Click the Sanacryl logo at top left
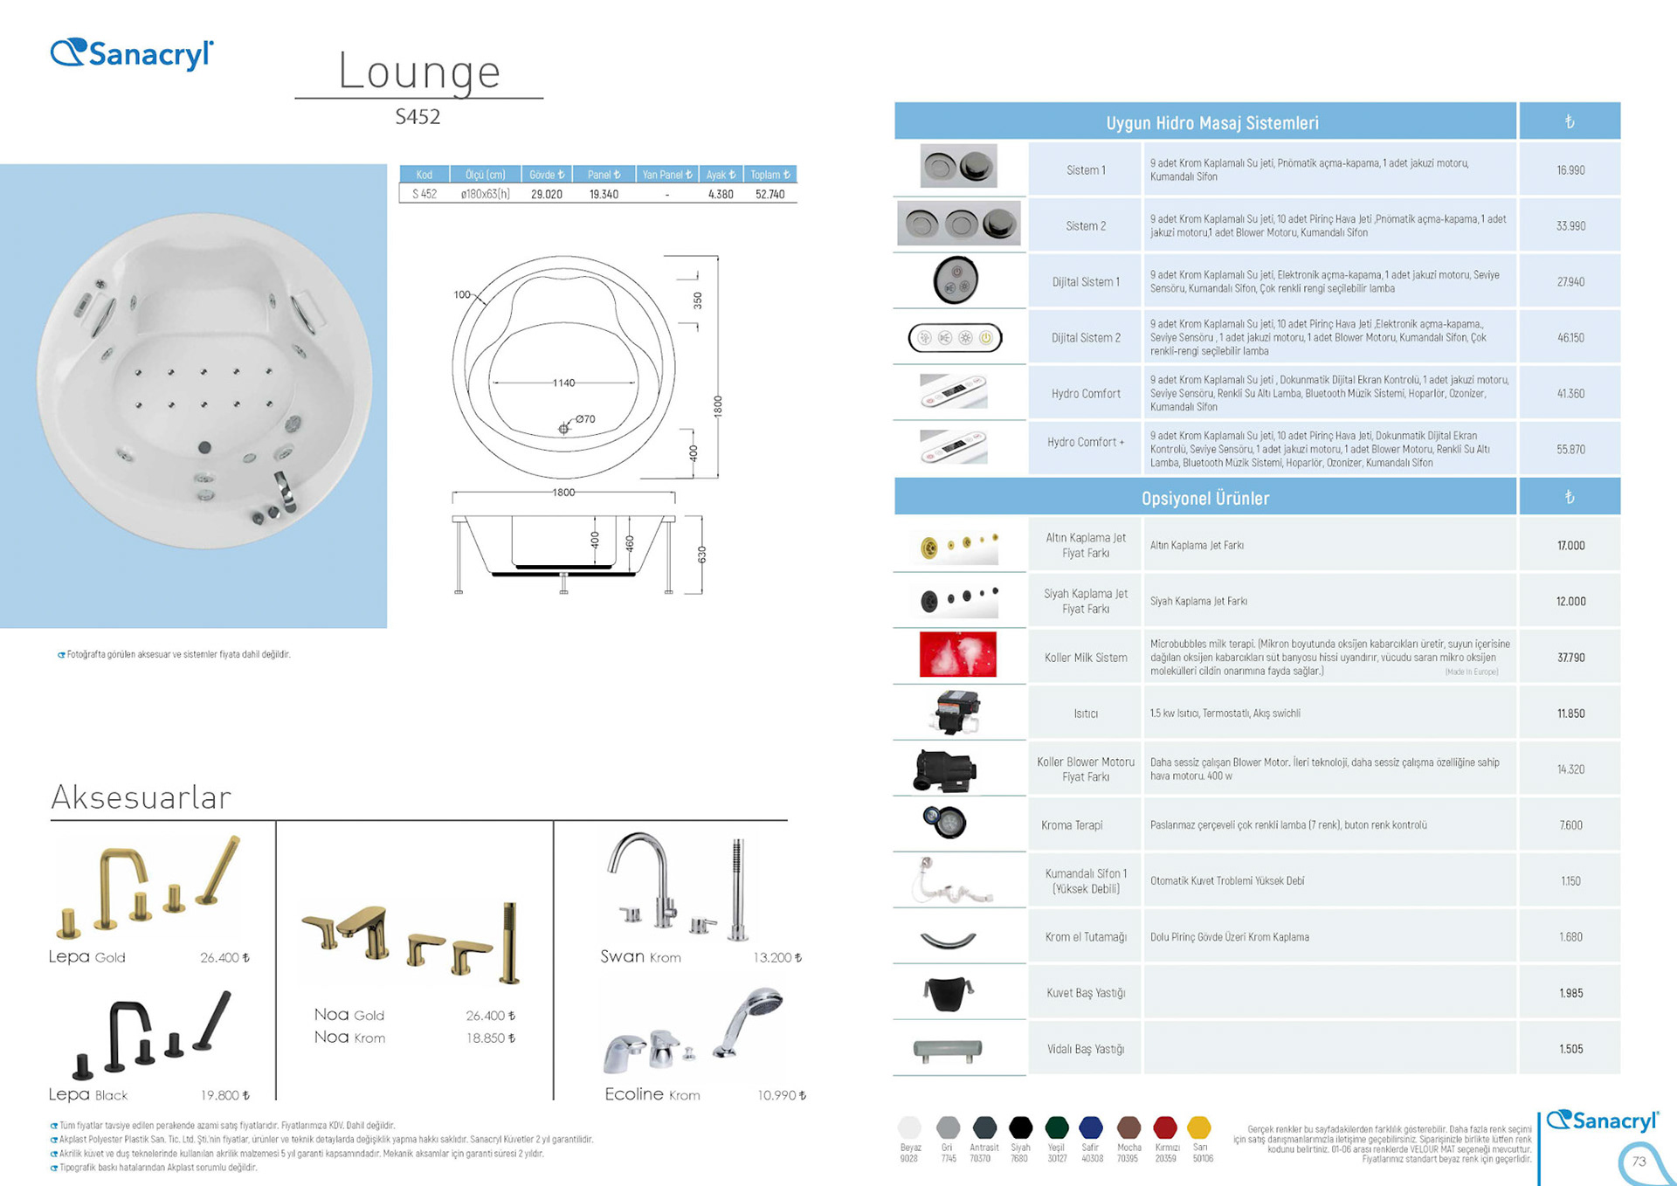132,54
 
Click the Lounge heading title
419,72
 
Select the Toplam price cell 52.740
769,194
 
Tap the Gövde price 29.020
547,194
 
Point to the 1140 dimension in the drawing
564,383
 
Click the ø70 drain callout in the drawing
584,419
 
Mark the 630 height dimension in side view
701,555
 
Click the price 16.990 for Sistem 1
1570,170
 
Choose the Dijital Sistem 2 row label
1086,338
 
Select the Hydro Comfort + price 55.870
1570,450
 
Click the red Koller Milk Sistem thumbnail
957,655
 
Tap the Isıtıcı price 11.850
1570,714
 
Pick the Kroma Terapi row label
1072,825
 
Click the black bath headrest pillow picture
949,993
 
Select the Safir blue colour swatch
1091,1127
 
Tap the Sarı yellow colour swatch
1199,1127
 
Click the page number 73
1639,1162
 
